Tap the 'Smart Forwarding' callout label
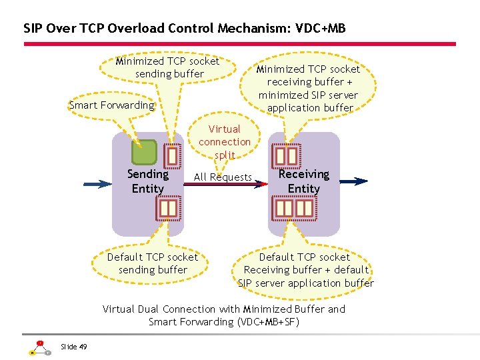111,105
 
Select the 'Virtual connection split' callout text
225,142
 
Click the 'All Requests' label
223,177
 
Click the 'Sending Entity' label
147,181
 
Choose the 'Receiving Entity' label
303,181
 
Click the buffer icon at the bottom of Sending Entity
168,209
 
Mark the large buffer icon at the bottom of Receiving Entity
295,209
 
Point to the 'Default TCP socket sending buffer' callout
153,263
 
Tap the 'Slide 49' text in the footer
73,346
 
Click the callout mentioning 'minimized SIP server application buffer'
309,88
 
